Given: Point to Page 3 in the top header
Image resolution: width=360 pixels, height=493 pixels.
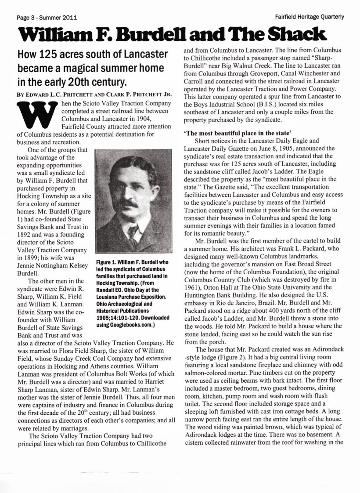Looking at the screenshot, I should [26, 18].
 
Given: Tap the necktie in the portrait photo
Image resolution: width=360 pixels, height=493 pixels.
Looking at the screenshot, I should [132, 233].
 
